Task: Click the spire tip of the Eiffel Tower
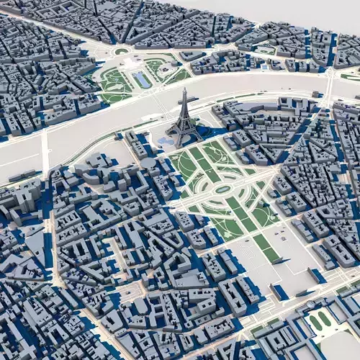183,90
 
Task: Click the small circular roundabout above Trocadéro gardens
121,51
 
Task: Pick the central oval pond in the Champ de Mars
223,189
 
